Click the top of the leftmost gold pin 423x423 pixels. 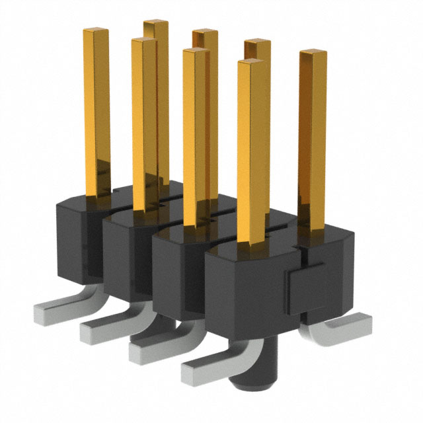[96, 31]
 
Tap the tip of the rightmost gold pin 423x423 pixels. [313, 54]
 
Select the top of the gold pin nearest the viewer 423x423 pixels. [254, 65]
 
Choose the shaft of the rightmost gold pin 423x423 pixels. [313, 132]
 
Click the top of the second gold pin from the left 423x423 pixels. [144, 42]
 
